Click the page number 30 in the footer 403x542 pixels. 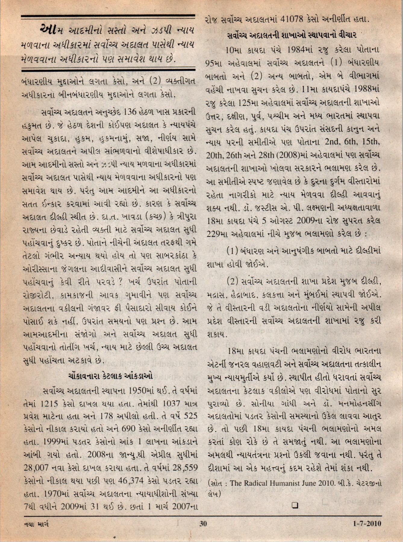[203, 524]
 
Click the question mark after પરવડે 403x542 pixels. [120, 283]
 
